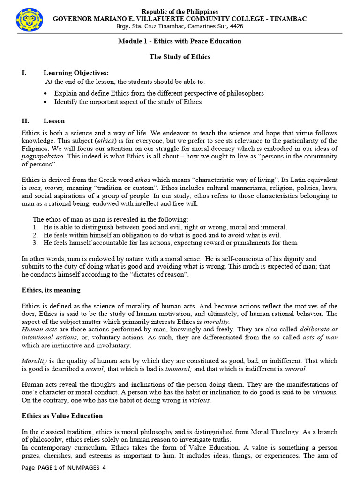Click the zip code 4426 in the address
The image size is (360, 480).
tap(236, 26)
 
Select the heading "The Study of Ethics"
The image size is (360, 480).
tap(180, 57)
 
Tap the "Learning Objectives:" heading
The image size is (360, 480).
tap(76, 73)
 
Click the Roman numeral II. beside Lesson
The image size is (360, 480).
tap(26, 121)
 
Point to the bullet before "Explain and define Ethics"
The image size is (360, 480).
tap(45, 93)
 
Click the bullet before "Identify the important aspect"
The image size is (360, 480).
tap(45, 102)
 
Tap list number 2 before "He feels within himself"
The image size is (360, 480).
tap(35, 235)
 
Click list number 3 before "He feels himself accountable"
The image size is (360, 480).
tap(35, 243)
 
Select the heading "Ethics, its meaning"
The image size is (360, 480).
tap(51, 290)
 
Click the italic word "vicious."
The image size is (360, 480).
tap(200, 401)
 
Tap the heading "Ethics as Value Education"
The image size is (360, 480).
tap(62, 416)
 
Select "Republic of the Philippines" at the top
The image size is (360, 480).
tap(180, 12)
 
